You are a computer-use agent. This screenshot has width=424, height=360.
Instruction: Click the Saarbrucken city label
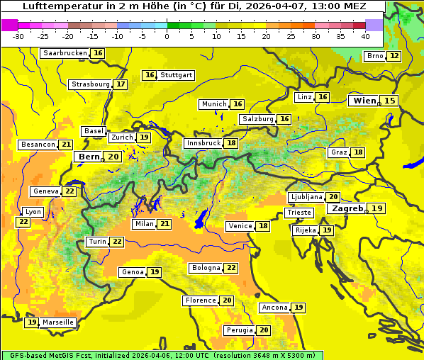tap(65, 53)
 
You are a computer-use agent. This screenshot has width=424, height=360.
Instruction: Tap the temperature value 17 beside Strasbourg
tap(121, 84)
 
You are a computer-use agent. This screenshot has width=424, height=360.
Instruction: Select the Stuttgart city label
tap(176, 75)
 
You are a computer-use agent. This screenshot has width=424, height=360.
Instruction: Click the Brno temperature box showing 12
tap(394, 56)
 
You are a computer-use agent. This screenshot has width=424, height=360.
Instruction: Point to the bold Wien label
tap(364, 101)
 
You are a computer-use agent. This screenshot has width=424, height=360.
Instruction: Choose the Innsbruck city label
tap(203, 143)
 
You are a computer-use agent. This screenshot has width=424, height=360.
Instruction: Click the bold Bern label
tap(89, 157)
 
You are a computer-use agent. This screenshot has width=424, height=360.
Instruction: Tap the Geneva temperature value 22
tap(69, 191)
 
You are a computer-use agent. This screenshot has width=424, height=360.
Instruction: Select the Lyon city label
tap(33, 212)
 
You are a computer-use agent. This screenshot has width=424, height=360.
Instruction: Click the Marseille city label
tap(57, 322)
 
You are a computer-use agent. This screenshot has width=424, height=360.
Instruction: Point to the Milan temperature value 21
tap(164, 224)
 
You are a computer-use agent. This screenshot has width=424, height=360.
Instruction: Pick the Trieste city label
tap(299, 213)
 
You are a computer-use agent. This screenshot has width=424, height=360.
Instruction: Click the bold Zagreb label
tap(346, 208)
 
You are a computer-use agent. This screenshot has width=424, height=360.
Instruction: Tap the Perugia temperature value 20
tap(264, 330)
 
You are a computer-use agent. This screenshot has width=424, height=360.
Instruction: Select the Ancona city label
tap(274, 308)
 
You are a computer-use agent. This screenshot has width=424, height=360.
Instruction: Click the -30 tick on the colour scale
tap(18, 36)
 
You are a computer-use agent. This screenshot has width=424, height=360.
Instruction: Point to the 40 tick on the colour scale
tap(365, 36)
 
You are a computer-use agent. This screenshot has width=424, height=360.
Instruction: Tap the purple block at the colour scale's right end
tap(374, 25)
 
